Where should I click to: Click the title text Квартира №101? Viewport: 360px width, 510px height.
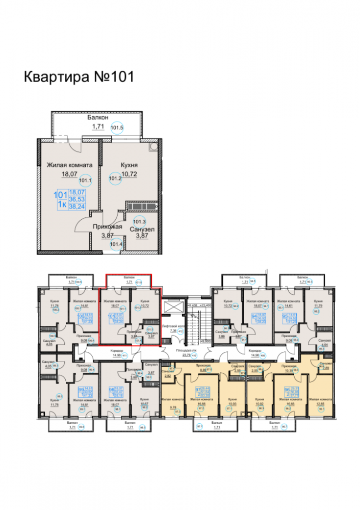[79, 77]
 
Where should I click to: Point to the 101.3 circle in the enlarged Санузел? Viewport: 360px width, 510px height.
[139, 222]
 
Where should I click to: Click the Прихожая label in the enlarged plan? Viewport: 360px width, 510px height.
[106, 227]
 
